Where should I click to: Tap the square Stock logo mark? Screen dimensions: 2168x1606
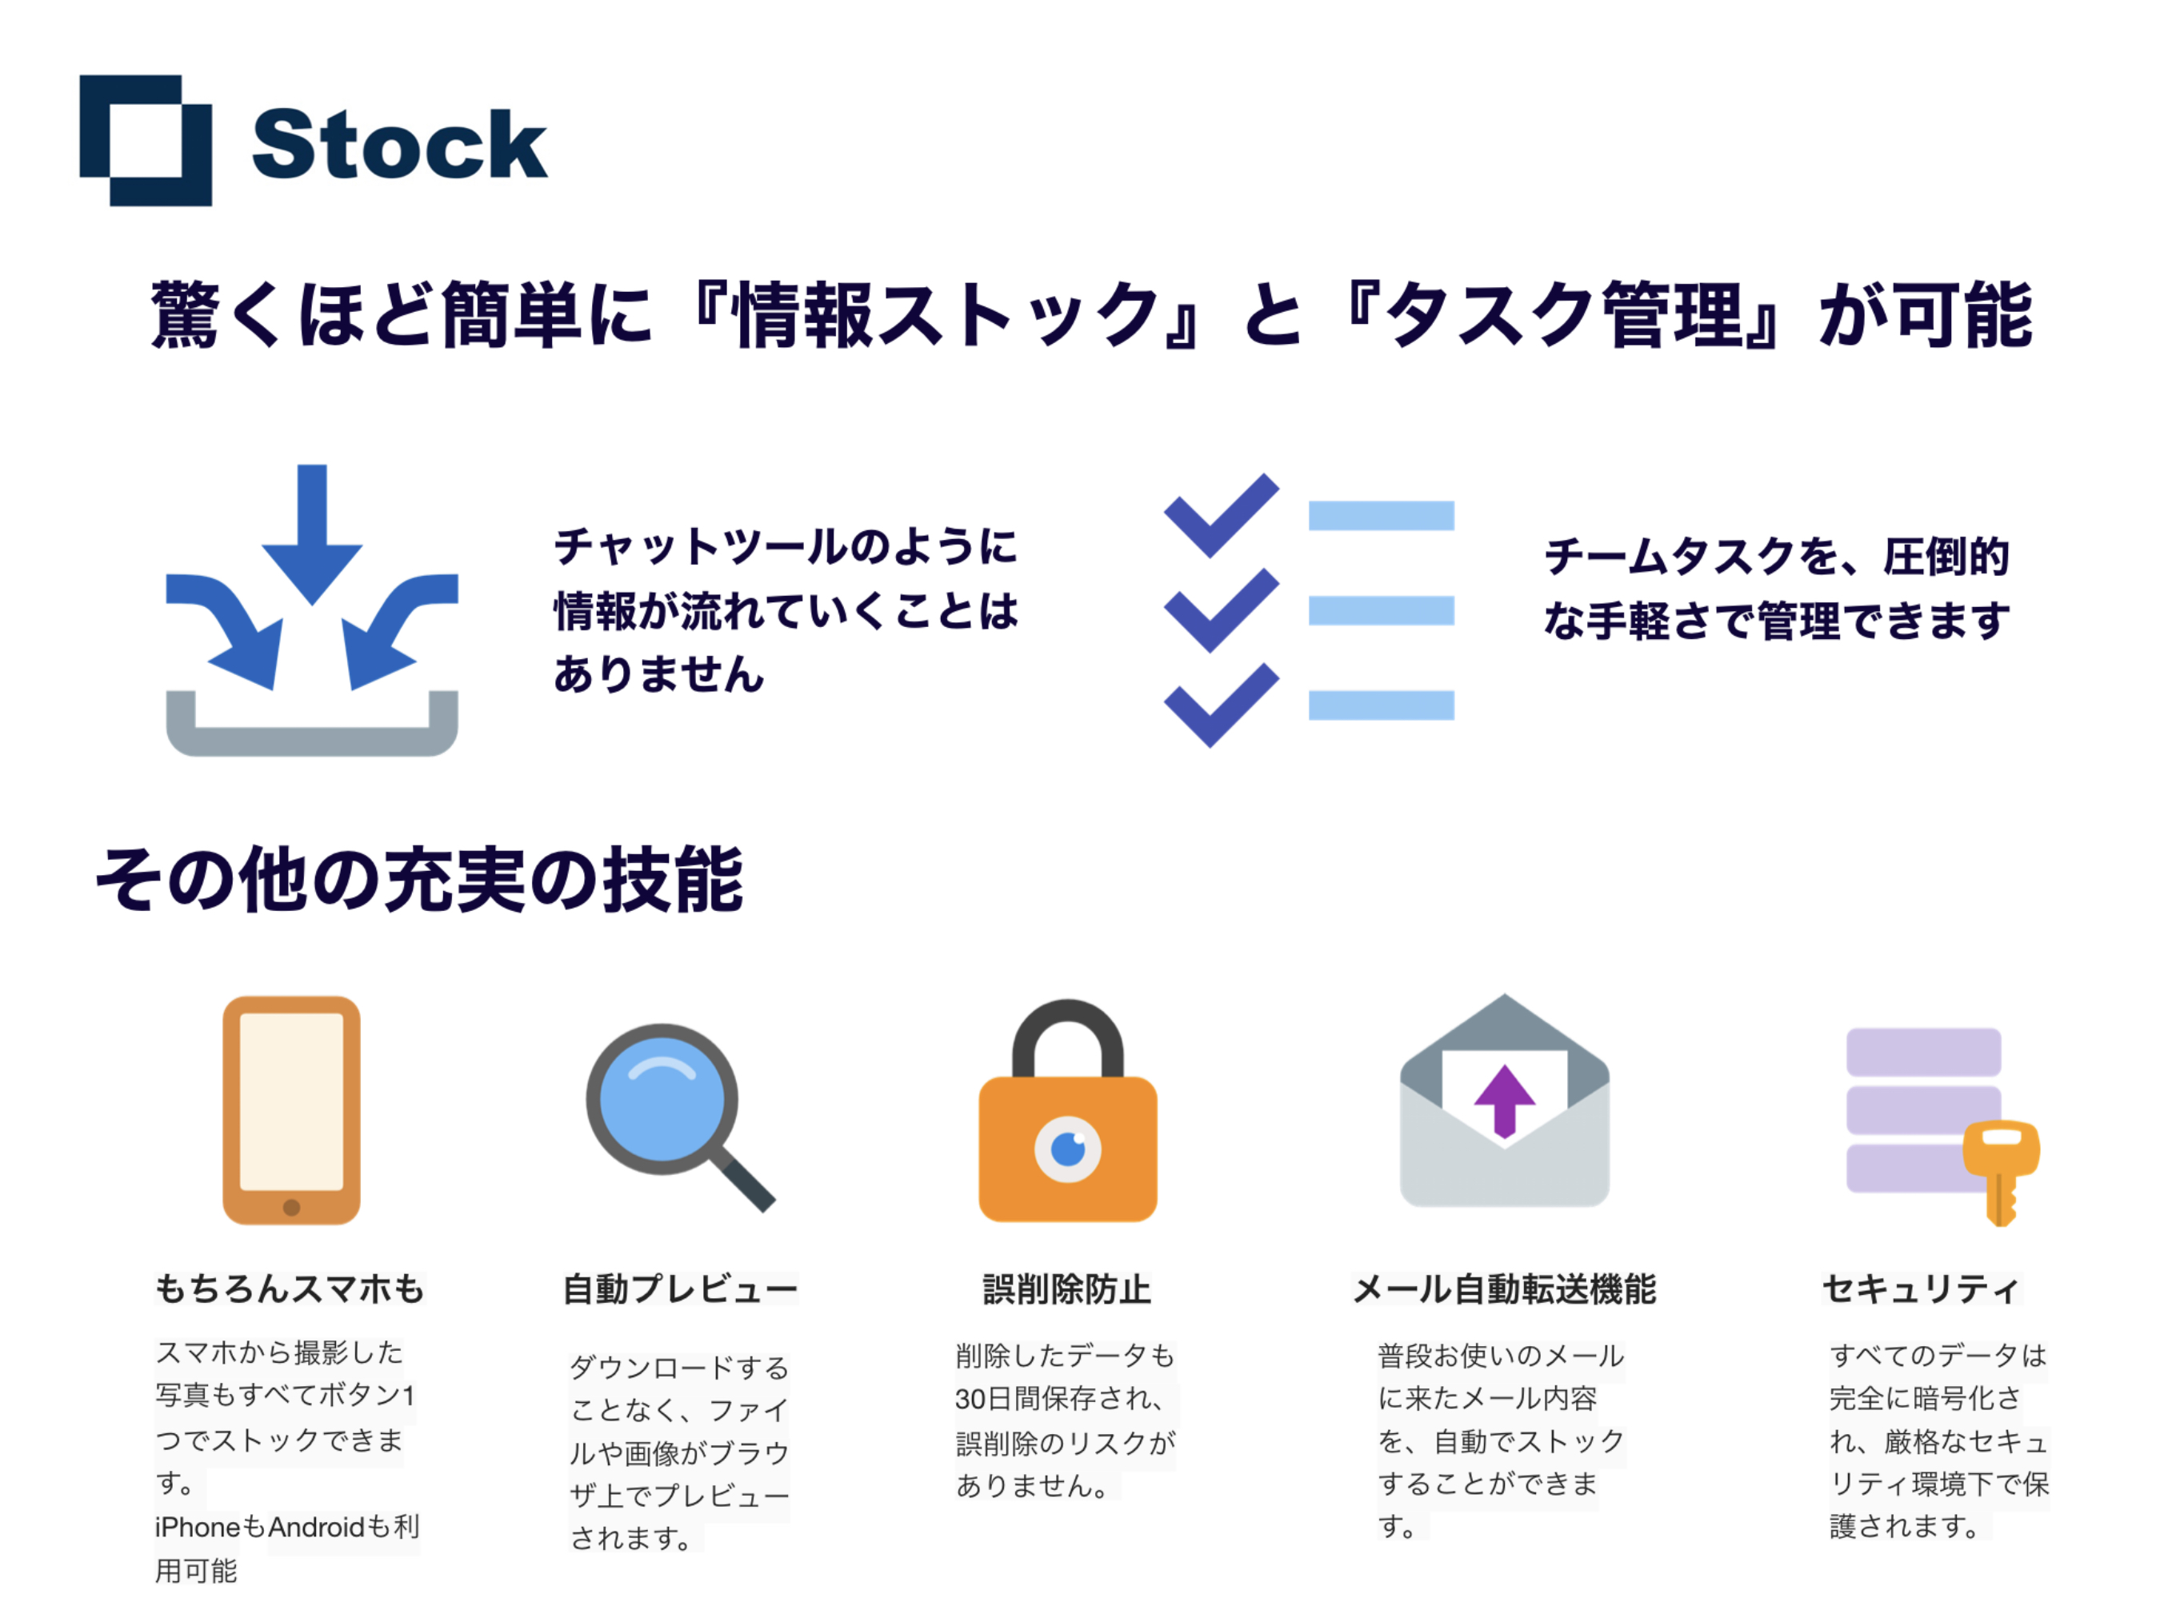tap(146, 140)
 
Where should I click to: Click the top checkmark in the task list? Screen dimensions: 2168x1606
tap(1221, 515)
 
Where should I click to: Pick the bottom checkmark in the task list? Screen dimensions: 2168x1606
tap(1221, 705)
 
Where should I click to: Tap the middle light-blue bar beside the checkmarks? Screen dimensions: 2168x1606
tap(1382, 610)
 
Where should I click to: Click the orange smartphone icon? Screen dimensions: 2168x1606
tap(292, 1109)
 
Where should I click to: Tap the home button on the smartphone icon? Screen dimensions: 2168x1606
tap(292, 1208)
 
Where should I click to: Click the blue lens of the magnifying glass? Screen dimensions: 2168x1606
tap(662, 1100)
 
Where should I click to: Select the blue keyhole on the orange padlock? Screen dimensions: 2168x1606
tap(1067, 1149)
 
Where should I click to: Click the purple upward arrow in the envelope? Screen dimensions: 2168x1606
tap(1505, 1101)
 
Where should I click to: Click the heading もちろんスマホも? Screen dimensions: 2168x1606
tap(290, 1288)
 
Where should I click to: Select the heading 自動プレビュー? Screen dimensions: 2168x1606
tap(681, 1289)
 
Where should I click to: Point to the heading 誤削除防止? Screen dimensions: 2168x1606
tap(1066, 1289)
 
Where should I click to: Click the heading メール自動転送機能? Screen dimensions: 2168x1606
tap(1504, 1289)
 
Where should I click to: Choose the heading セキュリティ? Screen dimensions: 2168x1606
tap(1921, 1289)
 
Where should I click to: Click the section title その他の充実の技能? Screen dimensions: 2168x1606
tap(419, 879)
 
